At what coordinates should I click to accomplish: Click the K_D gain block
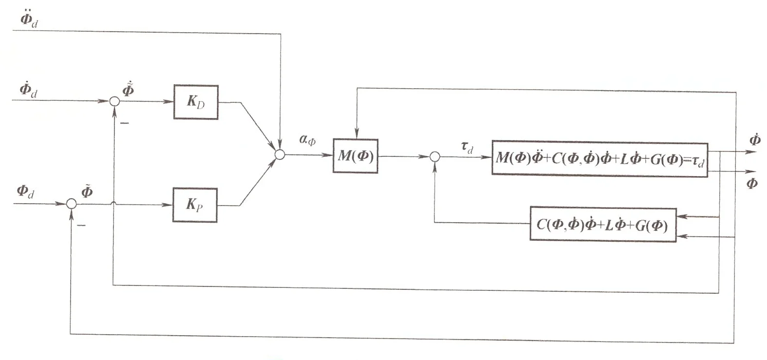click(196, 102)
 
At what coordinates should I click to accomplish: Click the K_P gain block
click(195, 205)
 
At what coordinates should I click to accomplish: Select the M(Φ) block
click(355, 156)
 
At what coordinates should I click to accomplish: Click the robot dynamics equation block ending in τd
click(599, 158)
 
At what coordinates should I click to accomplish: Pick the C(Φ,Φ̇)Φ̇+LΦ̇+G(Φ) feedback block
click(602, 225)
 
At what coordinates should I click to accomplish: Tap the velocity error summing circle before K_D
click(114, 101)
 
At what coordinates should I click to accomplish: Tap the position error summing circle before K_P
click(71, 204)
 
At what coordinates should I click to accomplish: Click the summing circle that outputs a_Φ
click(280, 154)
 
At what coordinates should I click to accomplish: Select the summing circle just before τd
click(435, 156)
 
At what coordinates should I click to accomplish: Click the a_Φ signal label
click(307, 141)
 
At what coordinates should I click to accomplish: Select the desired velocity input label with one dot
click(28, 90)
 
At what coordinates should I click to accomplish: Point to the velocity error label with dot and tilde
click(129, 90)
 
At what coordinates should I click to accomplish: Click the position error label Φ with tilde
click(86, 191)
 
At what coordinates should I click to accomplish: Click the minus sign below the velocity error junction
click(124, 124)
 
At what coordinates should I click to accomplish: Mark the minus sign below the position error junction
click(81, 226)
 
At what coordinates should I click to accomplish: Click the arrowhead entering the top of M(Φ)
click(357, 133)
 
